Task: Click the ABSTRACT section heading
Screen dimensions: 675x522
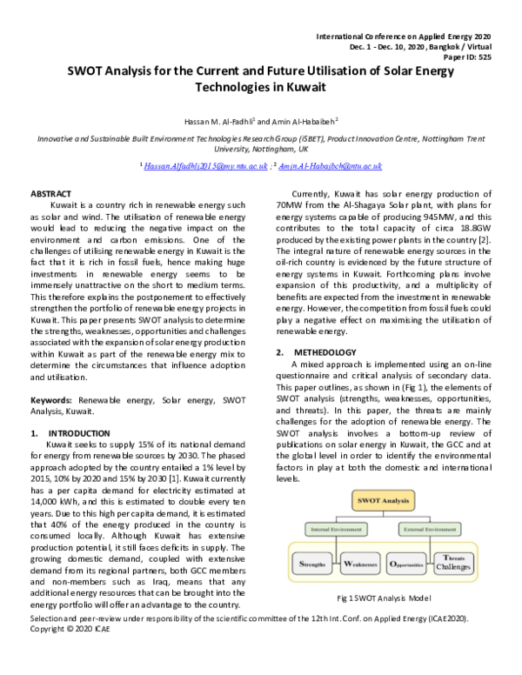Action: pyautogui.click(x=50, y=192)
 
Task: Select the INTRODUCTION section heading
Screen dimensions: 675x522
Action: pyautogui.click(x=78, y=432)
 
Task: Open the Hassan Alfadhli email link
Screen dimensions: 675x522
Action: pyautogui.click(x=204, y=165)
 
